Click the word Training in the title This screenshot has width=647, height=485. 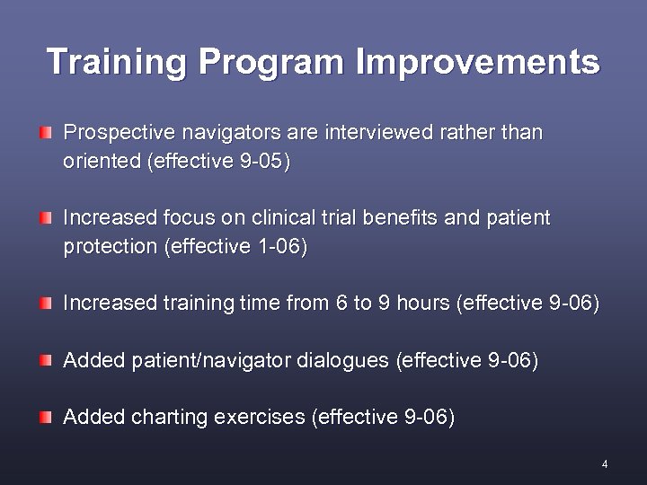pos(117,62)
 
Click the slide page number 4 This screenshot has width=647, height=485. pos(605,464)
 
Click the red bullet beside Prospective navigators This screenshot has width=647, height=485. pos(46,133)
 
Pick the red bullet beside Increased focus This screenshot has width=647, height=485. pos(46,218)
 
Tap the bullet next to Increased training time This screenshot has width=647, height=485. pos(46,304)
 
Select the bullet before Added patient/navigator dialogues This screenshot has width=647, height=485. pos(46,360)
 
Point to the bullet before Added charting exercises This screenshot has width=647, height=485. pos(46,417)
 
